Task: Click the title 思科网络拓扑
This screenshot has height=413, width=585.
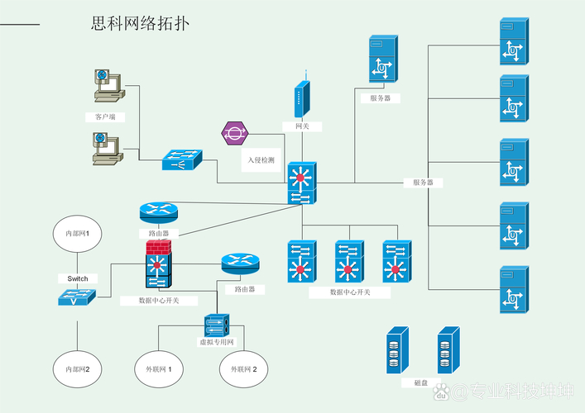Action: (x=140, y=24)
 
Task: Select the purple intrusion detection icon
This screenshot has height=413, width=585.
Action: (x=235, y=133)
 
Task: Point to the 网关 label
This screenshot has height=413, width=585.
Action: (x=302, y=126)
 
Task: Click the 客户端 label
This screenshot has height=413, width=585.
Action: (x=105, y=117)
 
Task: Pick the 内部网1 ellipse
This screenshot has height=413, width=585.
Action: (x=78, y=235)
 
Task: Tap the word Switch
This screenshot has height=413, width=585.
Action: (x=78, y=278)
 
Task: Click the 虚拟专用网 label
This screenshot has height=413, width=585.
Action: (x=217, y=342)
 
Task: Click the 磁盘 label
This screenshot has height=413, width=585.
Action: (x=421, y=383)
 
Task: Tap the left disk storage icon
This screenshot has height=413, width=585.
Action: (x=398, y=351)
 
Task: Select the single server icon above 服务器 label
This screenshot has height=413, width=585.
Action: (x=381, y=59)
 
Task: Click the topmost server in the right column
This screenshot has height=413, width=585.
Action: (x=513, y=41)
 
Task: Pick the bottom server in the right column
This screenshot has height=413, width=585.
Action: (x=513, y=289)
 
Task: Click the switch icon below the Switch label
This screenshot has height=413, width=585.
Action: (x=77, y=298)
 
